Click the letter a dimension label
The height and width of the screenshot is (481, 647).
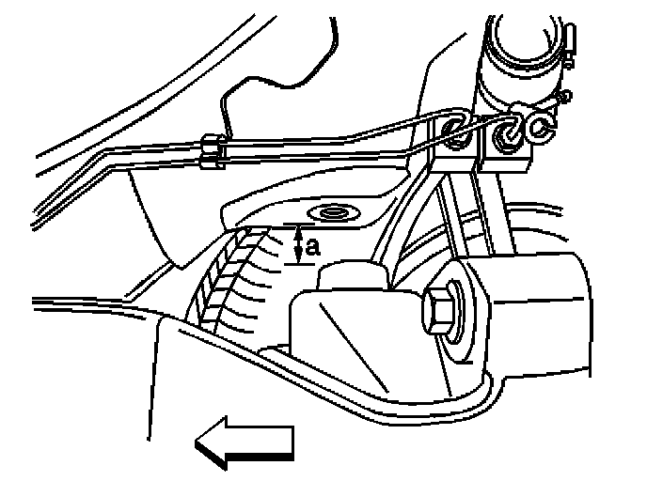[314, 247]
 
